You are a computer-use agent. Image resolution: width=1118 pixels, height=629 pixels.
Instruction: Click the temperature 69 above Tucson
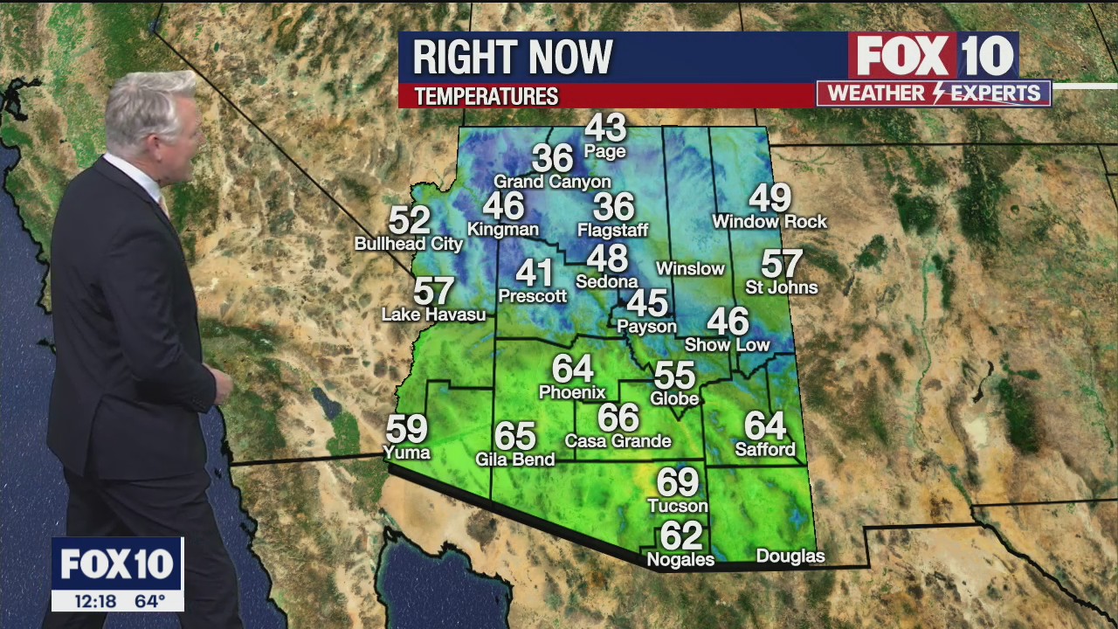pyautogui.click(x=678, y=481)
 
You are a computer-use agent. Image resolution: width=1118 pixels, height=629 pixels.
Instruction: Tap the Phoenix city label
pyautogui.click(x=572, y=392)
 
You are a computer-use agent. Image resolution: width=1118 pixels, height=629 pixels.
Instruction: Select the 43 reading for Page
pyautogui.click(x=605, y=128)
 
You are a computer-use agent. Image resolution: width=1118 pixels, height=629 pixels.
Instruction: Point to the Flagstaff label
pyautogui.click(x=613, y=231)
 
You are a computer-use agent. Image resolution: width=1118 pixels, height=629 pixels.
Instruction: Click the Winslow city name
pyautogui.click(x=690, y=268)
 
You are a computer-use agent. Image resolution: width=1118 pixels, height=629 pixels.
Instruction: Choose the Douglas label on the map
pyautogui.click(x=790, y=556)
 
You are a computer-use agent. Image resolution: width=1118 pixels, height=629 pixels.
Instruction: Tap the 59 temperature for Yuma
pyautogui.click(x=407, y=429)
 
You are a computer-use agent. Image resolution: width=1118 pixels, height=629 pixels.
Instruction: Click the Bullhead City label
pyautogui.click(x=408, y=244)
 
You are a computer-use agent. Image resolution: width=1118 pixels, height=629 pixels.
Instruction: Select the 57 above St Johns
pyautogui.click(x=782, y=263)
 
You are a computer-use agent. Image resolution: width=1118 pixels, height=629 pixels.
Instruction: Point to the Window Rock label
pyautogui.click(x=769, y=222)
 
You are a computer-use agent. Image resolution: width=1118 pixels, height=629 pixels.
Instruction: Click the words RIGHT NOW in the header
pyautogui.click(x=513, y=58)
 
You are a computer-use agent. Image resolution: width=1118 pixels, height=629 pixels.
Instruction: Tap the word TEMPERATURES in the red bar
pyautogui.click(x=487, y=96)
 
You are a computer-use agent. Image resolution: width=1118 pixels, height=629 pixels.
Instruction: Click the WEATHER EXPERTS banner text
pyautogui.click(x=934, y=93)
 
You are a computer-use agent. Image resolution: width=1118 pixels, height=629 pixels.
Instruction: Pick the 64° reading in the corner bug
pyautogui.click(x=149, y=601)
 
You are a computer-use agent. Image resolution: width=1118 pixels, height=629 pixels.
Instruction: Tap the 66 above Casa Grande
pyautogui.click(x=618, y=418)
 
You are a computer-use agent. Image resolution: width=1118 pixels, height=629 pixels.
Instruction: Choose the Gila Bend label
pyautogui.click(x=514, y=459)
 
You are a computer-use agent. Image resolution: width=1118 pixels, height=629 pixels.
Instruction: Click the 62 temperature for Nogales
pyautogui.click(x=681, y=535)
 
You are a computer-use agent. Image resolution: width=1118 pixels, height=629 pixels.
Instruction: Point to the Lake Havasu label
pyautogui.click(x=433, y=314)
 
